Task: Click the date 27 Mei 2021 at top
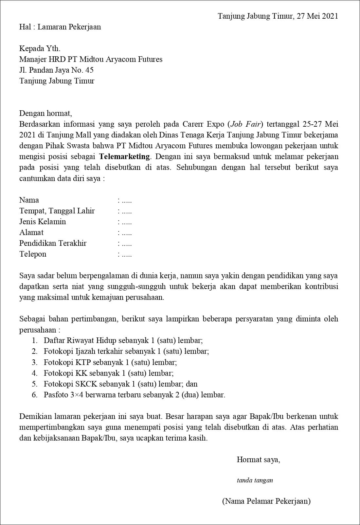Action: click(317, 16)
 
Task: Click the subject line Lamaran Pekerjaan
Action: click(69, 27)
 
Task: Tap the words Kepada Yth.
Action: click(40, 49)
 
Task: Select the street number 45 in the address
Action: click(89, 70)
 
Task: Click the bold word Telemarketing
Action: click(124, 156)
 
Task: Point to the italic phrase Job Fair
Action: click(246, 124)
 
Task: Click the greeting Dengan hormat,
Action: click(45, 114)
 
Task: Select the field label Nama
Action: click(29, 200)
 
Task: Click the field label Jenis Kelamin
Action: click(43, 222)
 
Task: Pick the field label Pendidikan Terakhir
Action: click(53, 243)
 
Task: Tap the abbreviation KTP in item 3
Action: click(83, 362)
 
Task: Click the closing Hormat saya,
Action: click(258, 460)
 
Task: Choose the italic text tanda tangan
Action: click(255, 480)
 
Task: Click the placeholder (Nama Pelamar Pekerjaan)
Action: click(266, 501)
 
